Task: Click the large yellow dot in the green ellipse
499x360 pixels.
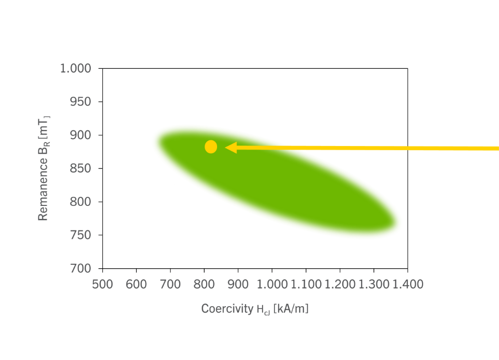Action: (211, 147)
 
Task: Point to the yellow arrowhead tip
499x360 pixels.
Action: (226, 148)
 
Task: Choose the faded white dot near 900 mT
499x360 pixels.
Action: (177, 133)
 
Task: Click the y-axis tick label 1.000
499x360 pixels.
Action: (75, 68)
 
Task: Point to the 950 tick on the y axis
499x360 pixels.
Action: (81, 102)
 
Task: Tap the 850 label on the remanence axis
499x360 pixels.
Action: (81, 169)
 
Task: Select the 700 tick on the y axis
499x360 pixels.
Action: (81, 269)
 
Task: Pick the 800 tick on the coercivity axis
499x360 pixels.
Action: (204, 285)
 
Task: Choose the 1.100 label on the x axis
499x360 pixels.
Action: (305, 285)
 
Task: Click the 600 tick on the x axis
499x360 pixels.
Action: (136, 285)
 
